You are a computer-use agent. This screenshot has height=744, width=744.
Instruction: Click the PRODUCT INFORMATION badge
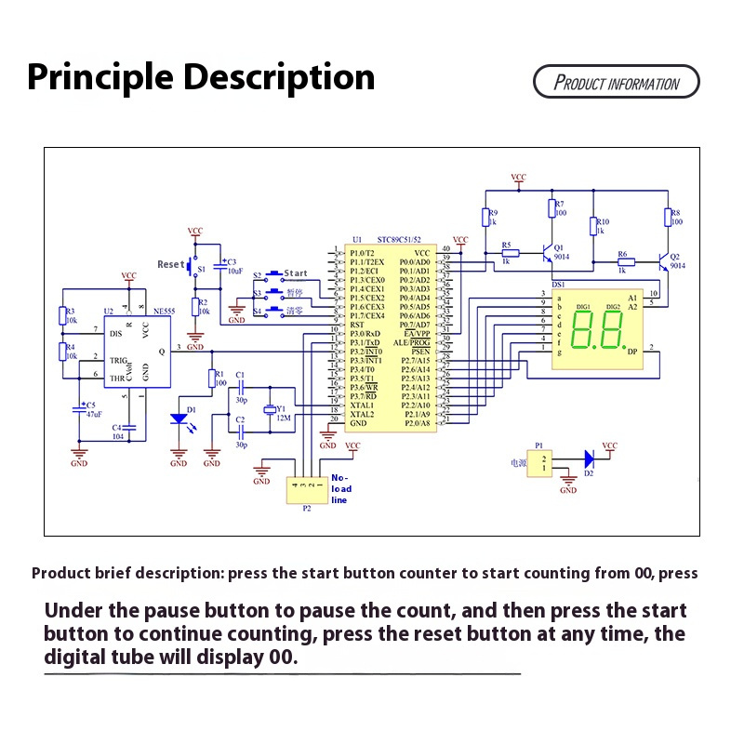coord(616,82)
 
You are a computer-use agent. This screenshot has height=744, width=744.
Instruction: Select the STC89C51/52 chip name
coord(403,239)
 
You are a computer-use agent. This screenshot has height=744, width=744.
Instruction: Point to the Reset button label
coord(171,264)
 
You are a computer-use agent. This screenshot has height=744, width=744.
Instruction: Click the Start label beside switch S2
coord(296,274)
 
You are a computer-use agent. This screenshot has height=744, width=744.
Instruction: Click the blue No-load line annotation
coord(341,489)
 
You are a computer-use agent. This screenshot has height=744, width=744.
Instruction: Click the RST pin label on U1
coord(359,325)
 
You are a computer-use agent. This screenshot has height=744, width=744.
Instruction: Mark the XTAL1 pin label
coord(362,405)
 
